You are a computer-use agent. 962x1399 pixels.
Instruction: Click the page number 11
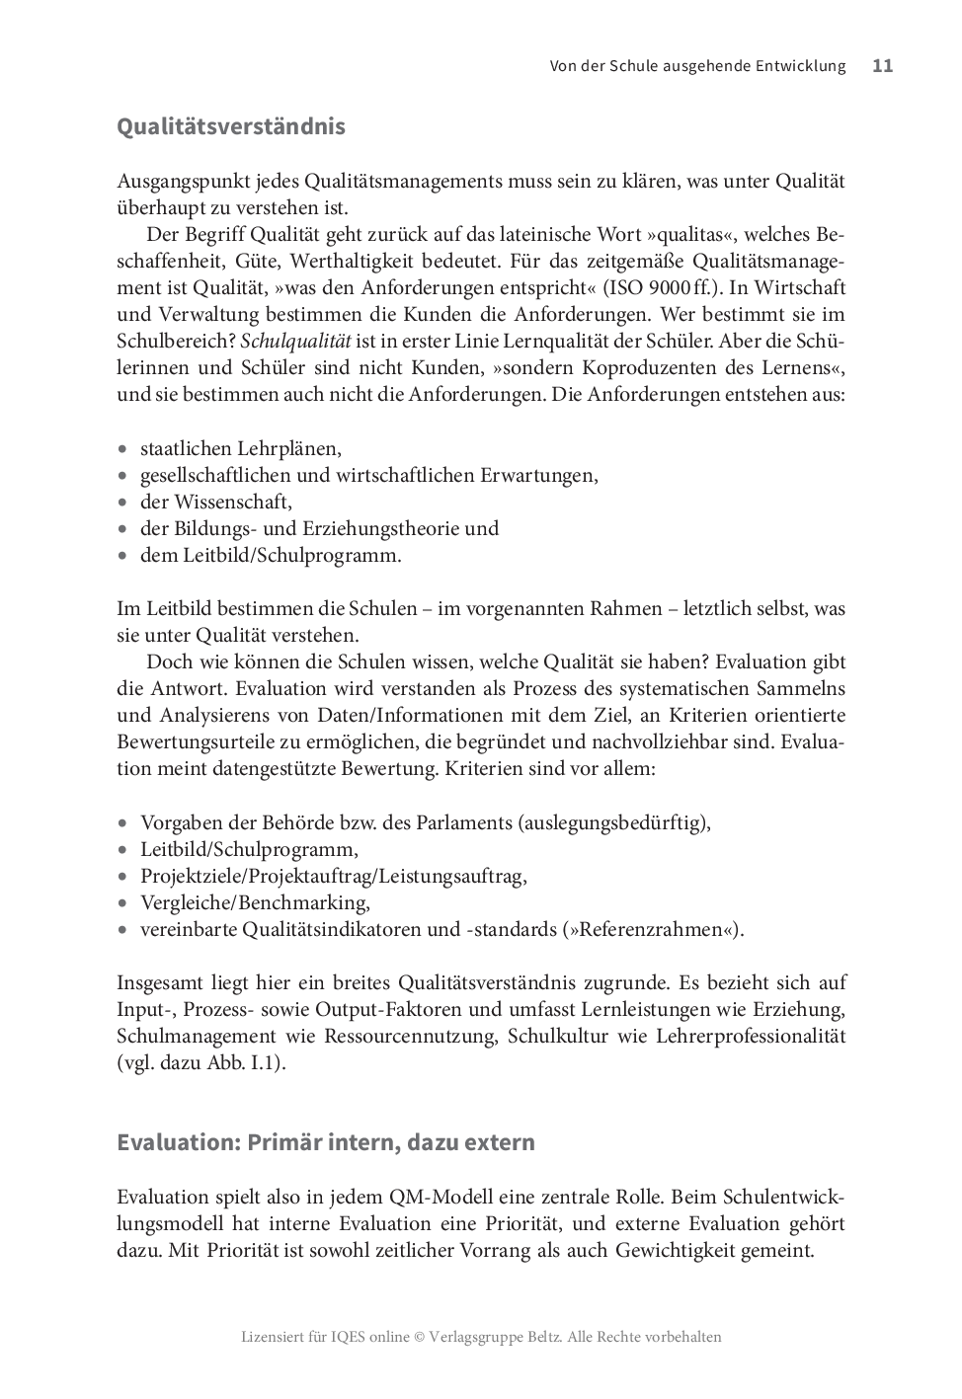(882, 66)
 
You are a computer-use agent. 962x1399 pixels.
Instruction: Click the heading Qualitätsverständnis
(231, 127)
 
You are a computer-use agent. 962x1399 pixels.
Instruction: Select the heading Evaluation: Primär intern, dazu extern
(326, 1142)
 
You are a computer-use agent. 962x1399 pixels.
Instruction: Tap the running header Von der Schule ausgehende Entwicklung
(697, 66)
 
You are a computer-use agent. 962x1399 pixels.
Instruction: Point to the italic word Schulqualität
(295, 342)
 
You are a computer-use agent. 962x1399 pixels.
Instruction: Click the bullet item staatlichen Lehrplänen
(241, 448)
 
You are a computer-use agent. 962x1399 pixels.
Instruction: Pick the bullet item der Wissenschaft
(216, 502)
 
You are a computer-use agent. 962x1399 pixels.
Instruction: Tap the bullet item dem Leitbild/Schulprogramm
(271, 555)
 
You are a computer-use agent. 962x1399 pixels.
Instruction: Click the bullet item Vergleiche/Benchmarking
(255, 902)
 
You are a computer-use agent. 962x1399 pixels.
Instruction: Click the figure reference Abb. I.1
(243, 1063)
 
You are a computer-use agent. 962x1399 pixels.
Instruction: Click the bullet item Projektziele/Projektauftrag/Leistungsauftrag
(333, 876)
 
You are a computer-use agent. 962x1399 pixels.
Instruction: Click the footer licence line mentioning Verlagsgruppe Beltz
(481, 1337)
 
